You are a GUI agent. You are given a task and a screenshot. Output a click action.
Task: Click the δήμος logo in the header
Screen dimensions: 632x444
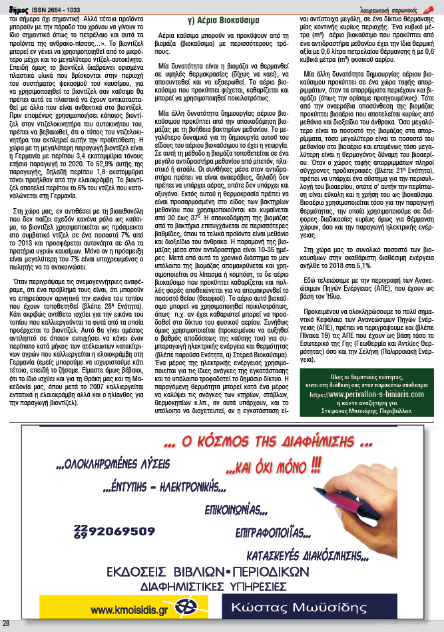pos(14,9)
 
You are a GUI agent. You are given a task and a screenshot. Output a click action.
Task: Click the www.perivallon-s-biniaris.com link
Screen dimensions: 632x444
pos(369,394)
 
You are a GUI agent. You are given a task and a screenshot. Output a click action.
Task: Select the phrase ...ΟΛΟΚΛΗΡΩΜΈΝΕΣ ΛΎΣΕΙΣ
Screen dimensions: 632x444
pos(114,463)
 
